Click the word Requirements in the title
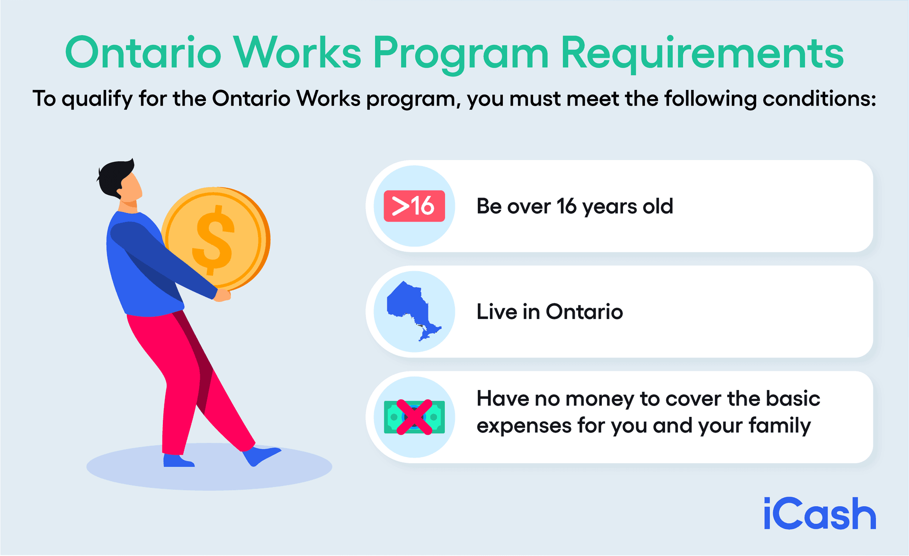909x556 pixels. pyautogui.click(x=702, y=53)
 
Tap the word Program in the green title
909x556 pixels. pyautogui.click(x=461, y=53)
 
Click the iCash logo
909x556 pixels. pyautogui.click(x=820, y=514)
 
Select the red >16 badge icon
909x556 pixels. pyautogui.click(x=414, y=206)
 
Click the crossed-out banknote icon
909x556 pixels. pyautogui.click(x=414, y=417)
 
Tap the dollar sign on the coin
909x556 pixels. pyautogui.click(x=214, y=239)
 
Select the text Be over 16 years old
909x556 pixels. pyautogui.click(x=574, y=206)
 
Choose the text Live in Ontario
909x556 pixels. pyautogui.click(x=549, y=312)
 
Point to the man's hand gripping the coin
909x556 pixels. pyautogui.click(x=223, y=295)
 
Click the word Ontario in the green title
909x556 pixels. pyautogui.click(x=143, y=53)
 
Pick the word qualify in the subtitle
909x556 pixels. pyautogui.click(x=97, y=100)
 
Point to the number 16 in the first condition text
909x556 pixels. pyautogui.click(x=566, y=206)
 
